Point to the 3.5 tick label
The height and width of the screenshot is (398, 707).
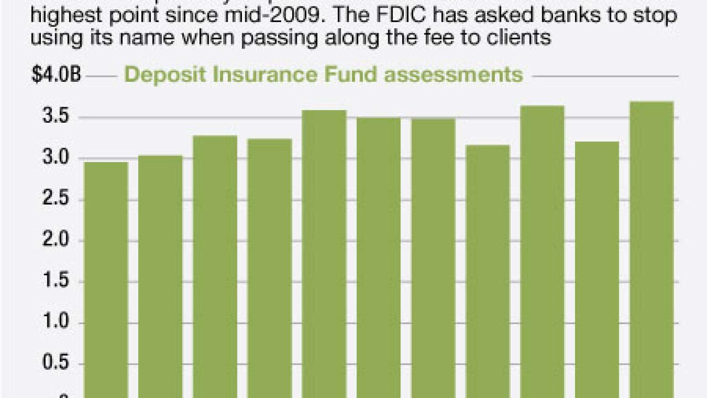pyautogui.click(x=56, y=117)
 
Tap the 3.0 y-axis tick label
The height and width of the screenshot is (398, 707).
pyautogui.click(x=56, y=159)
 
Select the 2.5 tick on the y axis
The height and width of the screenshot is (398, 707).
pyautogui.click(x=56, y=200)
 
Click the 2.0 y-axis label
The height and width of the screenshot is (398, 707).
pyautogui.click(x=56, y=241)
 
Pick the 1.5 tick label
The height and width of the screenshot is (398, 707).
pyautogui.click(x=56, y=282)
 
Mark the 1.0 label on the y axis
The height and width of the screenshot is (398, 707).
pyautogui.click(x=56, y=323)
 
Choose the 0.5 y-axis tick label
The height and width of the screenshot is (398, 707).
pyautogui.click(x=56, y=364)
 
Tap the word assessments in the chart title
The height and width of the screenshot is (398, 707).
pyautogui.click(x=453, y=74)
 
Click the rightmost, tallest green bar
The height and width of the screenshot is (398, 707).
pyautogui.click(x=651, y=249)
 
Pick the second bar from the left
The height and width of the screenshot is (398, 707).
pyautogui.click(x=160, y=276)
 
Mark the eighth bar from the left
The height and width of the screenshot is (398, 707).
pyautogui.click(x=488, y=271)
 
